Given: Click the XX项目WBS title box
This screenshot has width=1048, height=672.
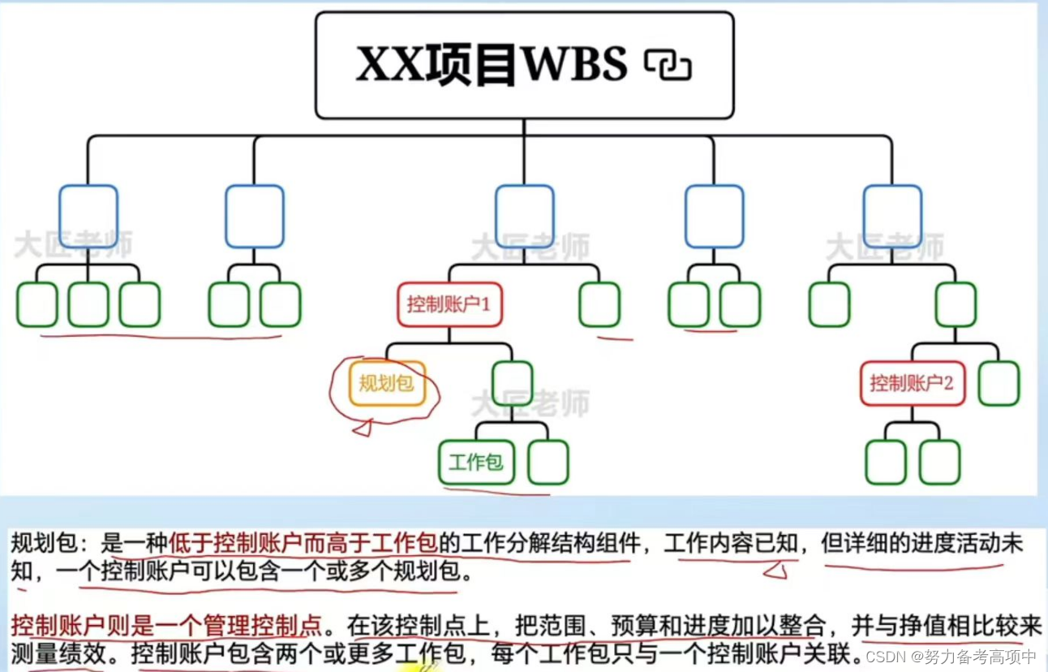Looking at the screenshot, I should coord(524,65).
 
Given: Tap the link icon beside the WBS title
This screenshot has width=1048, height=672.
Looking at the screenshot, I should coord(667,65).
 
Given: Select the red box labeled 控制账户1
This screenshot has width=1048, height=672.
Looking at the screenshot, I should coord(449,304).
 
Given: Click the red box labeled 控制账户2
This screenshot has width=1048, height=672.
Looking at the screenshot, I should coord(913,383).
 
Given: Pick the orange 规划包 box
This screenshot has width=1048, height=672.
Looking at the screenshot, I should coord(387,383).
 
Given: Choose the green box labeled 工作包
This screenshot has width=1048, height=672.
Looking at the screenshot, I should coord(476,463).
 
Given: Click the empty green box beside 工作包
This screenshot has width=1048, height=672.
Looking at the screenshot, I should coord(548,463).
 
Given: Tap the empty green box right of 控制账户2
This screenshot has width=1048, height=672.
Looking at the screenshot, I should coord(999,383).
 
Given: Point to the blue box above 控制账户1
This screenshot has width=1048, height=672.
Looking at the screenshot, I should coord(524,216).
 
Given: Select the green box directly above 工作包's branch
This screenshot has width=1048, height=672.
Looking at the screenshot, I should coord(512,383).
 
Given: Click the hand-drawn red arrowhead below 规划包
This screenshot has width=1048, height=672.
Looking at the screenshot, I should coord(362,427).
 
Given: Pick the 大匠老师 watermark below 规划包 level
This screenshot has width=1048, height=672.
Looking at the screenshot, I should coord(530,403).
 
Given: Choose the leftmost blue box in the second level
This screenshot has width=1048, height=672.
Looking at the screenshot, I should coord(88,216).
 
